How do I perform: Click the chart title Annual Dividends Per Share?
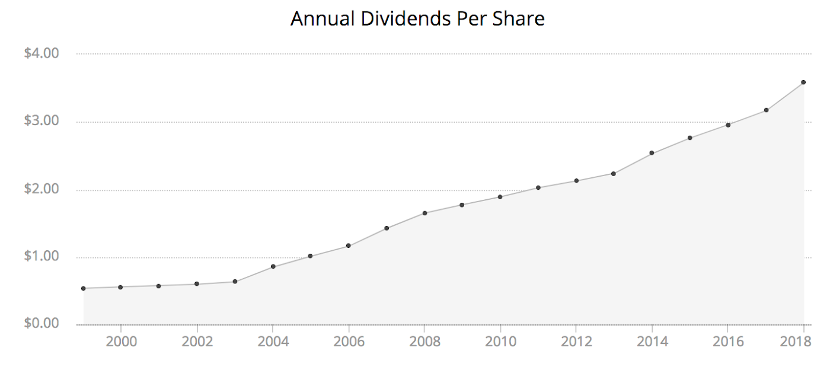[417, 20]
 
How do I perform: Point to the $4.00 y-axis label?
[41, 53]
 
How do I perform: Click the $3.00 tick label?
[41, 122]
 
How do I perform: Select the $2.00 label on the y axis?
[41, 190]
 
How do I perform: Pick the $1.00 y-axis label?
[41, 257]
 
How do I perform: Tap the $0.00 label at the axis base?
[41, 324]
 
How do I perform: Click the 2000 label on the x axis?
[121, 342]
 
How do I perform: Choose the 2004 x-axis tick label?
[273, 342]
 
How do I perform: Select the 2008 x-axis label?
[424, 342]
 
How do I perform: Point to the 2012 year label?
[576, 342]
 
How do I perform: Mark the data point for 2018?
[803, 82]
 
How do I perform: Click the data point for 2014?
[652, 153]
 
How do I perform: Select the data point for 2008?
[424, 213]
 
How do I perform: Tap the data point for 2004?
[273, 266]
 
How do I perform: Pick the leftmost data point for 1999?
[84, 288]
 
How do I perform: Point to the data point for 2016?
[727, 125]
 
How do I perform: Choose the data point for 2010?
[500, 197]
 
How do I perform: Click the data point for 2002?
[197, 284]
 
